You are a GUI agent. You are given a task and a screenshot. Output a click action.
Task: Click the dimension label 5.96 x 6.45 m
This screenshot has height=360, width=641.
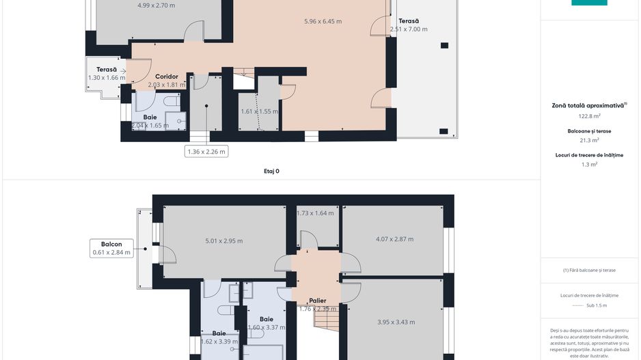pyautogui.click(x=323, y=21)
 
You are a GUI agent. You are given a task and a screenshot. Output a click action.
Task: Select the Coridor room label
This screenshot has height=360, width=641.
pyautogui.click(x=166, y=77)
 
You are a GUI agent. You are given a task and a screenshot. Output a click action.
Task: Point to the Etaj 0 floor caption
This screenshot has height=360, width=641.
pyautogui.click(x=271, y=171)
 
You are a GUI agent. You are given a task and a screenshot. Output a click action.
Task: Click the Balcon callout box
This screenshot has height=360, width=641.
pyautogui.click(x=111, y=248)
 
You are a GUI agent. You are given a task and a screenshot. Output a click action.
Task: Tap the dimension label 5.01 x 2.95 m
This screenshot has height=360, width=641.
pyautogui.click(x=223, y=240)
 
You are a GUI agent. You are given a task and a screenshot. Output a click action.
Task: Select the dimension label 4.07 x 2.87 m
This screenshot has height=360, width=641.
pyautogui.click(x=394, y=239)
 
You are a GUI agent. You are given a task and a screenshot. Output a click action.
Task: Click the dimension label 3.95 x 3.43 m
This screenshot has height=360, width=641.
pyautogui.click(x=396, y=322)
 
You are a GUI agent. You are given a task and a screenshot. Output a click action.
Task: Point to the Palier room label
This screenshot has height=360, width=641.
pyautogui.click(x=316, y=301)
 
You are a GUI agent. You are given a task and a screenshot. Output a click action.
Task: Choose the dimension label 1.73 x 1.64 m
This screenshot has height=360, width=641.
pyautogui.click(x=315, y=213)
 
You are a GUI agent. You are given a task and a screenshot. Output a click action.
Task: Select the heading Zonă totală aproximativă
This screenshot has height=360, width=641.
pyautogui.click(x=588, y=106)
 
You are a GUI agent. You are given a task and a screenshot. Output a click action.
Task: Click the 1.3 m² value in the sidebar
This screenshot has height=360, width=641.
pyautogui.click(x=588, y=165)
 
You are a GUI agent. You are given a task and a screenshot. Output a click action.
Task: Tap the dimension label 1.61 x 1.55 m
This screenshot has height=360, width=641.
pyautogui.click(x=259, y=111)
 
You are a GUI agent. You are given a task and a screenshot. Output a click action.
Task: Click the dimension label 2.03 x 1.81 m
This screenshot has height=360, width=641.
pyautogui.click(x=167, y=85)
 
